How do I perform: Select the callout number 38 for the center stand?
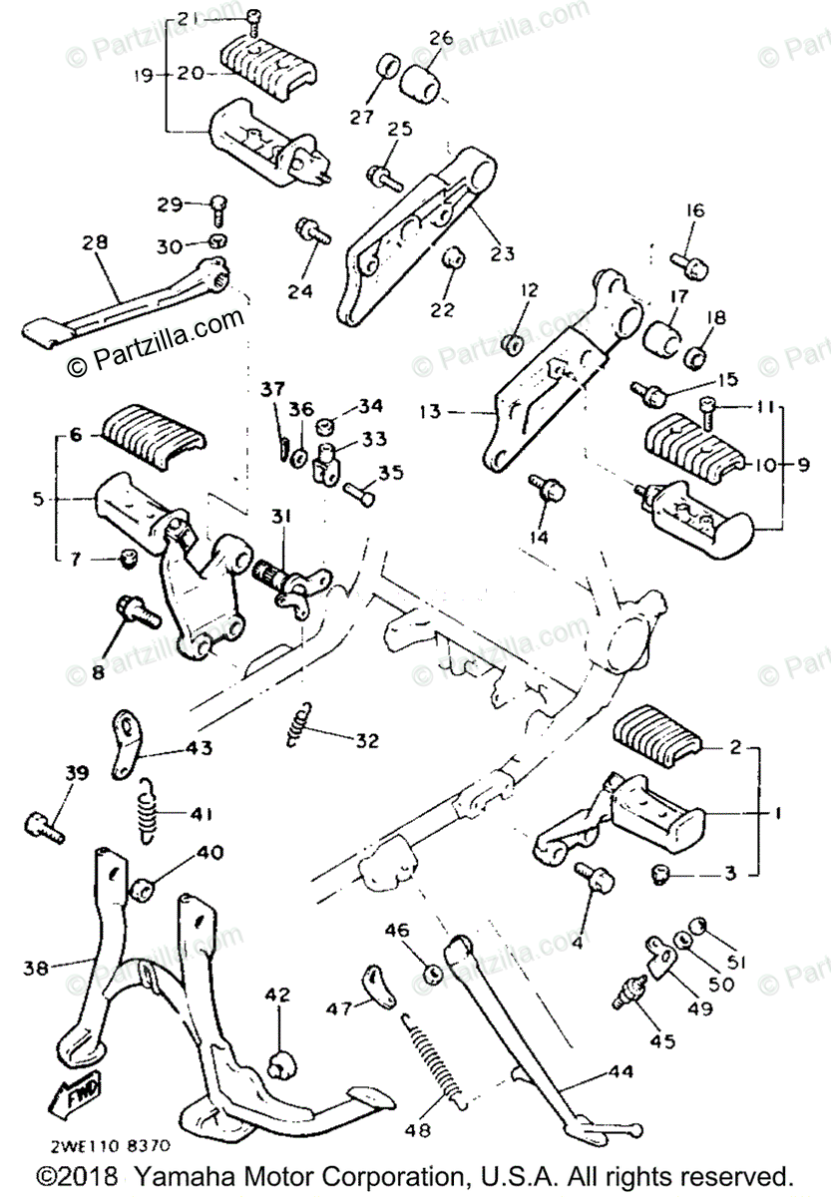(x=36, y=967)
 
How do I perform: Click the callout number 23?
(x=502, y=253)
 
